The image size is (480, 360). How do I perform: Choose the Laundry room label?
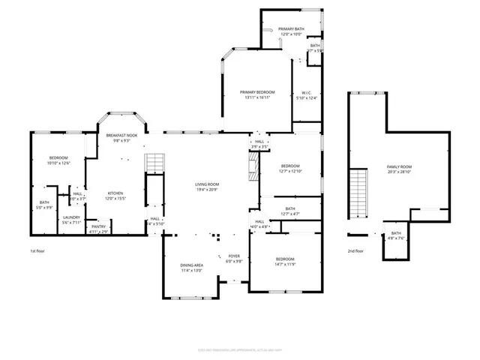[x=71, y=217]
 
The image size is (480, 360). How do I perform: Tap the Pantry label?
[x=98, y=226]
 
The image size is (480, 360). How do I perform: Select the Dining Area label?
[x=191, y=265]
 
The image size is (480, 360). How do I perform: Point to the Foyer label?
[x=235, y=256]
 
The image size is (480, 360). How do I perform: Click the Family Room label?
[x=399, y=166]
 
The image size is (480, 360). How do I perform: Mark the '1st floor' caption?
[x=38, y=251]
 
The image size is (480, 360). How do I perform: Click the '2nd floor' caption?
[x=355, y=251]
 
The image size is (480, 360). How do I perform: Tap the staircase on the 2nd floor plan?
[x=361, y=191]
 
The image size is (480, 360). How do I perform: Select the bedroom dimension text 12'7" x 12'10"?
[x=289, y=172]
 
